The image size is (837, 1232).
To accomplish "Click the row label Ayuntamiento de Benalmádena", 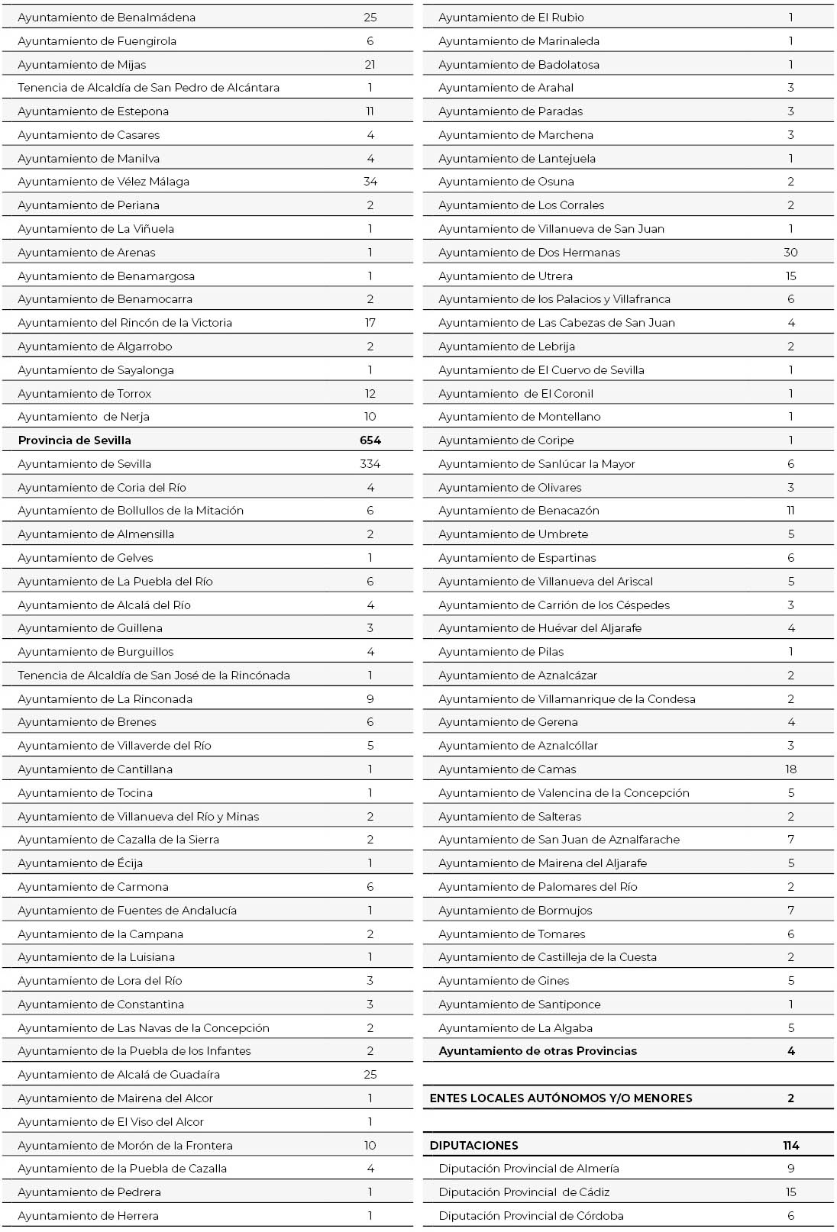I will click(x=106, y=18).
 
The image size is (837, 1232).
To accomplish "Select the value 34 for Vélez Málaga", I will click(x=370, y=182).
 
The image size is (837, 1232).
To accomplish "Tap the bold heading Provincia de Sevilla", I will click(x=74, y=440).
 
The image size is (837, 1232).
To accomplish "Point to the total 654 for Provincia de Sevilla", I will click(x=370, y=440).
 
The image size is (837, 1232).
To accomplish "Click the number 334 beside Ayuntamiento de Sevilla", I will click(x=370, y=464).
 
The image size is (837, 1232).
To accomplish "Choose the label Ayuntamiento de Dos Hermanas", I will click(x=528, y=253).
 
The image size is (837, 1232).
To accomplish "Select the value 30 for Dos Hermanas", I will click(x=790, y=253).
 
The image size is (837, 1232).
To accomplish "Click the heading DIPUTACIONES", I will click(x=473, y=1146).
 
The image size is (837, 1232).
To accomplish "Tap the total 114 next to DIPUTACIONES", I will click(x=790, y=1146).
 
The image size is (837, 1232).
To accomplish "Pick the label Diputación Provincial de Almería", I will click(x=528, y=1169).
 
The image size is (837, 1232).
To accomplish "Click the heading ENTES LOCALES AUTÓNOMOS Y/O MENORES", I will click(x=561, y=1098).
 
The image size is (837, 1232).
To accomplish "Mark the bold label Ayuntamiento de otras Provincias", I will click(x=537, y=1051).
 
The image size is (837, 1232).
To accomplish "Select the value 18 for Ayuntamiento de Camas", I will click(x=790, y=769).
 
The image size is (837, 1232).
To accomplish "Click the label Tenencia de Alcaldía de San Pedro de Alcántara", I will click(x=148, y=88).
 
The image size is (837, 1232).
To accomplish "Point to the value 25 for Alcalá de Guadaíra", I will click(x=370, y=1075).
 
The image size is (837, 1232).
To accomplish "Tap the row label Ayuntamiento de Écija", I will click(x=80, y=863).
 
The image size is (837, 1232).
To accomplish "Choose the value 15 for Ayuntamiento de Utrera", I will click(x=790, y=276).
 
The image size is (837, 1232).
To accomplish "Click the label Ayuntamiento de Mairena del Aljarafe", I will click(x=542, y=863).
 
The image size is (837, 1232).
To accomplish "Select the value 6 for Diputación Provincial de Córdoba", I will click(x=790, y=1216).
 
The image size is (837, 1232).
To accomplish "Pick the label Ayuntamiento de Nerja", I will click(x=83, y=417).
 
